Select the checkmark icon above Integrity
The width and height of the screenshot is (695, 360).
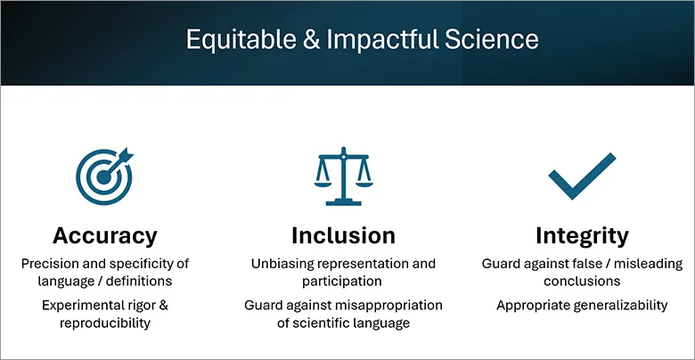click(x=581, y=175)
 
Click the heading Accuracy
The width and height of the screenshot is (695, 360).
click(x=105, y=236)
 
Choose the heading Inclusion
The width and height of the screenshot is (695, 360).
click(x=343, y=236)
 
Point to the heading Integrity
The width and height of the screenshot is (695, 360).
click(x=582, y=236)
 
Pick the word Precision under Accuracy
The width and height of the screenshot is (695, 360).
click(x=50, y=264)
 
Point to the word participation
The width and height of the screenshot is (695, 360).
click(x=343, y=282)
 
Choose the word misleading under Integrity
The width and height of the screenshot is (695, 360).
click(x=648, y=264)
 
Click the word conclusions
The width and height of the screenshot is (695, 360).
click(x=582, y=282)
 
